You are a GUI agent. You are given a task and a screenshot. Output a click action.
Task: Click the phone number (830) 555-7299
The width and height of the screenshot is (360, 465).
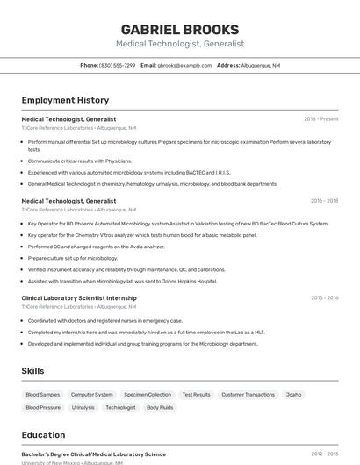(118, 65)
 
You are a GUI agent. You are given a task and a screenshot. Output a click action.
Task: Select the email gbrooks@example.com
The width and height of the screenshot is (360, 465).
(184, 65)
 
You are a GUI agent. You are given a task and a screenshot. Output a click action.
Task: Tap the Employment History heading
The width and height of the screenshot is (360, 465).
(65, 100)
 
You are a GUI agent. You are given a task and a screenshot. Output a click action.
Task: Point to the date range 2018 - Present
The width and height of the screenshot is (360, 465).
(320, 118)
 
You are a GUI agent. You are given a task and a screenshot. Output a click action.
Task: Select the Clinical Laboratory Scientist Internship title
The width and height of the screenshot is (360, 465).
(79, 297)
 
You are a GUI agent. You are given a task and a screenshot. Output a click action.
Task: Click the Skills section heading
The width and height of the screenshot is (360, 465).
(33, 371)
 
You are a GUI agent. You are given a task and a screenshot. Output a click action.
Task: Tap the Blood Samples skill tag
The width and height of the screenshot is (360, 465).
(43, 395)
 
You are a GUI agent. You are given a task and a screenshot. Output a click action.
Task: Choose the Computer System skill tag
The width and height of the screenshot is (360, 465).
(92, 395)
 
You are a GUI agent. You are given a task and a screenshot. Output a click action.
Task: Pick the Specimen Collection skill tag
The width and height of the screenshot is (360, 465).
(148, 395)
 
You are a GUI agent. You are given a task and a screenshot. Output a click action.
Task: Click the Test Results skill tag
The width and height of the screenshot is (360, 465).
(196, 395)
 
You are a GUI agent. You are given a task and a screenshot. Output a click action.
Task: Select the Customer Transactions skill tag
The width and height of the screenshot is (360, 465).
(248, 395)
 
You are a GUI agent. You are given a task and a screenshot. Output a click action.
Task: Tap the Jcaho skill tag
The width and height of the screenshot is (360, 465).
(293, 395)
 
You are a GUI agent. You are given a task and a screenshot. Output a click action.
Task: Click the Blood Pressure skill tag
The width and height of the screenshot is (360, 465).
(43, 408)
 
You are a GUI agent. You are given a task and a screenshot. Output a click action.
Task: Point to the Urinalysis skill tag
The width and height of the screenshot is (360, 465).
(83, 408)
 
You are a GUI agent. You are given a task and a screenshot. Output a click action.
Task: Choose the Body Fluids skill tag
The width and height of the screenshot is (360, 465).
(160, 408)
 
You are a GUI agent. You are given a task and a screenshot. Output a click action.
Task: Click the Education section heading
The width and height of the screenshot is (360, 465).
(43, 435)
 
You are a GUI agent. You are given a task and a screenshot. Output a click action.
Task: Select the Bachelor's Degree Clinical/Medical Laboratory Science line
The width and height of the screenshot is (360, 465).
(93, 454)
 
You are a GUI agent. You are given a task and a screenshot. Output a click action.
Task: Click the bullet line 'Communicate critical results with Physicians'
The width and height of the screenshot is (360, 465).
(80, 161)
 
